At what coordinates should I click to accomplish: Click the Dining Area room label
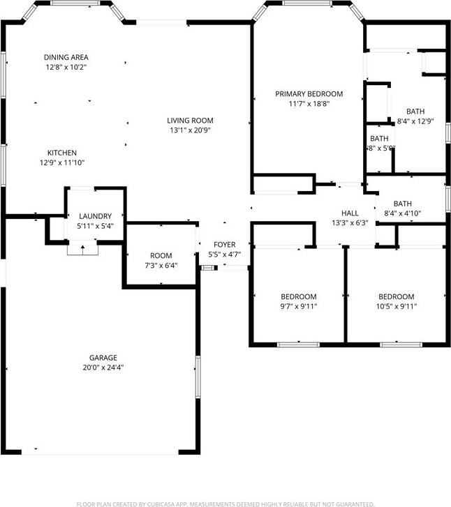pos(66,57)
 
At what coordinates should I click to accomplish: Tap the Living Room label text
pos(190,120)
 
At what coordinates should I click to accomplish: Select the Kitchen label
pos(62,153)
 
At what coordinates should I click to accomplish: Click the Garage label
pos(103,357)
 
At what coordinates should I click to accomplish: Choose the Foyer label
pos(225,245)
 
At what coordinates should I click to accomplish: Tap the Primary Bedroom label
pos(309,93)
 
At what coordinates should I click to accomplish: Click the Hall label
pos(350,213)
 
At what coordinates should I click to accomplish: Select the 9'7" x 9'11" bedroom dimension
pos(299,306)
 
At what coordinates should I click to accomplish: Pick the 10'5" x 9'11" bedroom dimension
pos(396,306)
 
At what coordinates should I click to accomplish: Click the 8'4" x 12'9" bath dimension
pos(415,121)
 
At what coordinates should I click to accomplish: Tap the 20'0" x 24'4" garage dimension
pos(103,368)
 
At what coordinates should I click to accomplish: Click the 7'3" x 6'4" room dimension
pos(161,266)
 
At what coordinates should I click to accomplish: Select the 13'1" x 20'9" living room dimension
pos(190,130)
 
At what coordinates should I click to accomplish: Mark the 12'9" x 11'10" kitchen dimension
pos(62,163)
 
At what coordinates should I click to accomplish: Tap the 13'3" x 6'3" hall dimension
pos(350,223)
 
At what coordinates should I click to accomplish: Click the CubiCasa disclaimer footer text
pos(225,503)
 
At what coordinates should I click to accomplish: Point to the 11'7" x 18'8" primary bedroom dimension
pos(309,103)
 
